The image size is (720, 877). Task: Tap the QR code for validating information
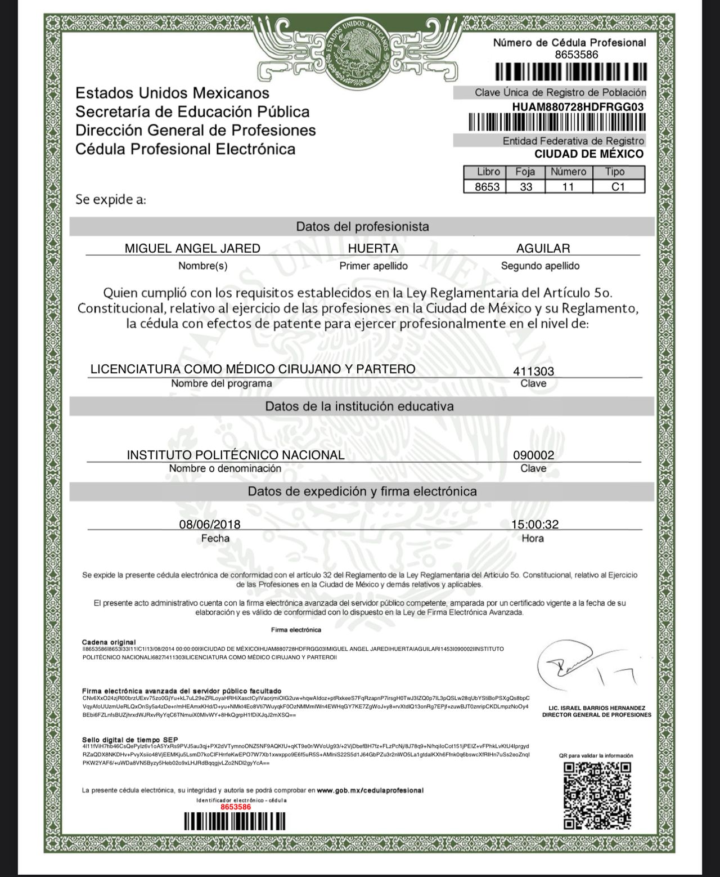coord(597,795)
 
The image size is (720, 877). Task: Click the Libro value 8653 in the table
coord(487,187)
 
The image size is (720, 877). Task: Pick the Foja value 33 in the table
coord(526,187)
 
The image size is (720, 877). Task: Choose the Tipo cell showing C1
coord(618,187)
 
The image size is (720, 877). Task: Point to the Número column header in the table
coord(568,172)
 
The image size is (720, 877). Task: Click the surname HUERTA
coord(373,248)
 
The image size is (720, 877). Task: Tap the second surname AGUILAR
coord(543,248)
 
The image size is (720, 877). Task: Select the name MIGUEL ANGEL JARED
coord(192,248)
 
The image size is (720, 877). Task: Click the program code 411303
coord(533,371)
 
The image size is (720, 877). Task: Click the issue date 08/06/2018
coord(210,525)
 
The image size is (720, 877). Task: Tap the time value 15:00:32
coord(535,525)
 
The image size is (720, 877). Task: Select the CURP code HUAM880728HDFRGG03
coord(578,107)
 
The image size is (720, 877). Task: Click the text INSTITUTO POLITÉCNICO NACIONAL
coord(236,455)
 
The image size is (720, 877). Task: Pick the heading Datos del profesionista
coord(362,227)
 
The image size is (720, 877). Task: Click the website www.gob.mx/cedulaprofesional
coord(370,790)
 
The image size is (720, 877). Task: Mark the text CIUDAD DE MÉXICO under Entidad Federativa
coord(588,154)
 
